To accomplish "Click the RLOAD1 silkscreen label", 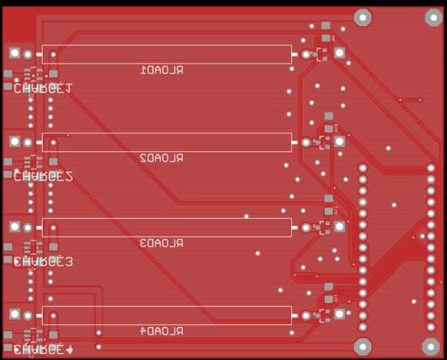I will coord(161,70).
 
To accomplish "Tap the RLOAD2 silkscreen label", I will coord(161,157).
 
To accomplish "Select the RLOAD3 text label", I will coord(161,242).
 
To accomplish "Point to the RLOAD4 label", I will coord(161,330).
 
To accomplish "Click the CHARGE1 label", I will coord(43,89).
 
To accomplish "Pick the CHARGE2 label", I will coord(43,176).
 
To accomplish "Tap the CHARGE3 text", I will coord(43,262).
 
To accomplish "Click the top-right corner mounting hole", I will coord(433,17).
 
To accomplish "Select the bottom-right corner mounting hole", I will coord(430,346).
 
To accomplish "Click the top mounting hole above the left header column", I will coord(363,17).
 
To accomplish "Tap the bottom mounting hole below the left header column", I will coord(363,346).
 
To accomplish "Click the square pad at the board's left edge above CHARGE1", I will coord(14,53).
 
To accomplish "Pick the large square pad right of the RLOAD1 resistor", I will coord(339,53).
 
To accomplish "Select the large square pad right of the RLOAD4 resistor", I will coord(339,314).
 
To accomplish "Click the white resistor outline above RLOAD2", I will coord(167,141).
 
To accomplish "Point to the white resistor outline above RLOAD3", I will coord(167,227).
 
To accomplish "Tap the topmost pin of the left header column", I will coord(363,168).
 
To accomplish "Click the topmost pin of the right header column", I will coord(431,168).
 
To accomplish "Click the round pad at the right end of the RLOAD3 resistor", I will coord(306,227).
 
